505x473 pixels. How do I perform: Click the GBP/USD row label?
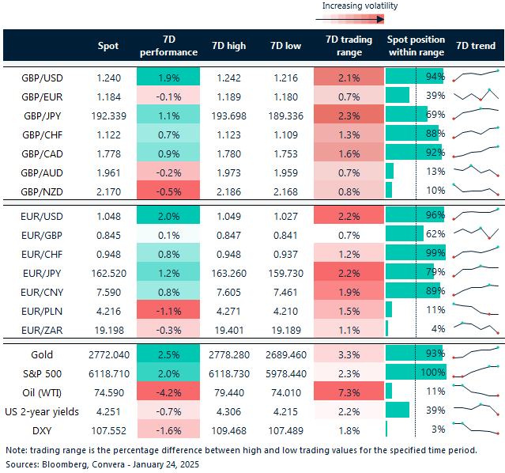point(42,78)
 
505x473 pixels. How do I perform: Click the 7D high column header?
point(229,46)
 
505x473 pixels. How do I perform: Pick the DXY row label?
point(42,429)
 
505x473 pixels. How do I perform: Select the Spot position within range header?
point(416,46)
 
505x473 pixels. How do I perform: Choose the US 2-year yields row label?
point(42,411)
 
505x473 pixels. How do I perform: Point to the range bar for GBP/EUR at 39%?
point(398,96)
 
